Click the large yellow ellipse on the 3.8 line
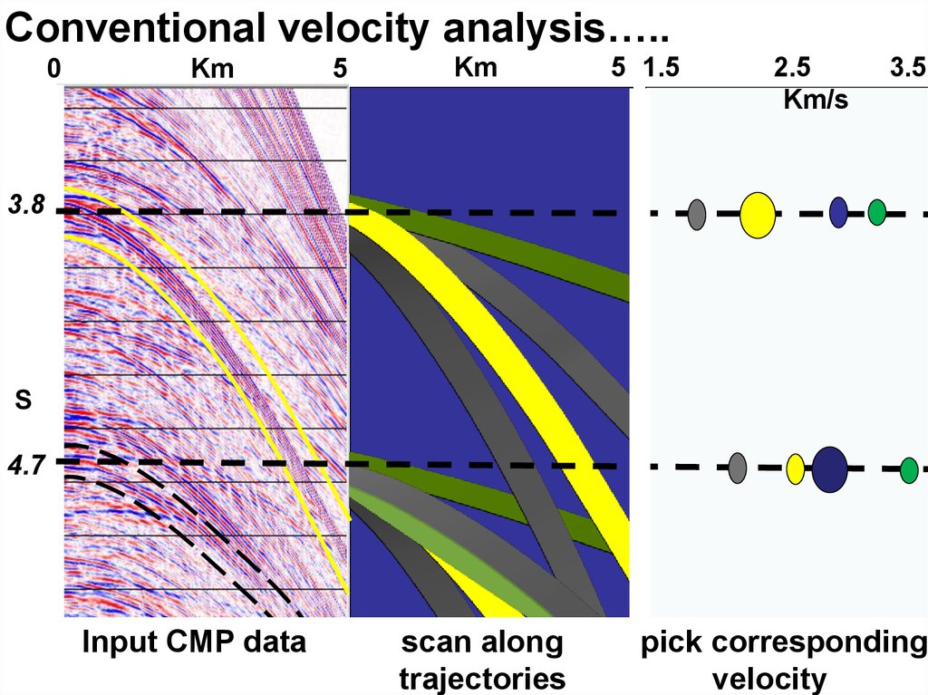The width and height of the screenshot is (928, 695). pos(757,215)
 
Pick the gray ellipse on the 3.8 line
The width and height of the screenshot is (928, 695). pos(696,214)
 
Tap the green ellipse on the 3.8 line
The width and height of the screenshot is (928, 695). pos(876,212)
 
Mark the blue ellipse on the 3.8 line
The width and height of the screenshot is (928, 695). pos(838,211)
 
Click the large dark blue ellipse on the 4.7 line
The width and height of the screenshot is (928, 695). pos(829,468)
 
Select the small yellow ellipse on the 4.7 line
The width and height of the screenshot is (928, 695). pos(795,468)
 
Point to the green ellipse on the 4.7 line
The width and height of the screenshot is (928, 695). pos(909,470)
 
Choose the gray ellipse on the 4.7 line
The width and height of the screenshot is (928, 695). pos(738,468)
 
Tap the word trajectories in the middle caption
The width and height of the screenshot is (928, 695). pos(482,678)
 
